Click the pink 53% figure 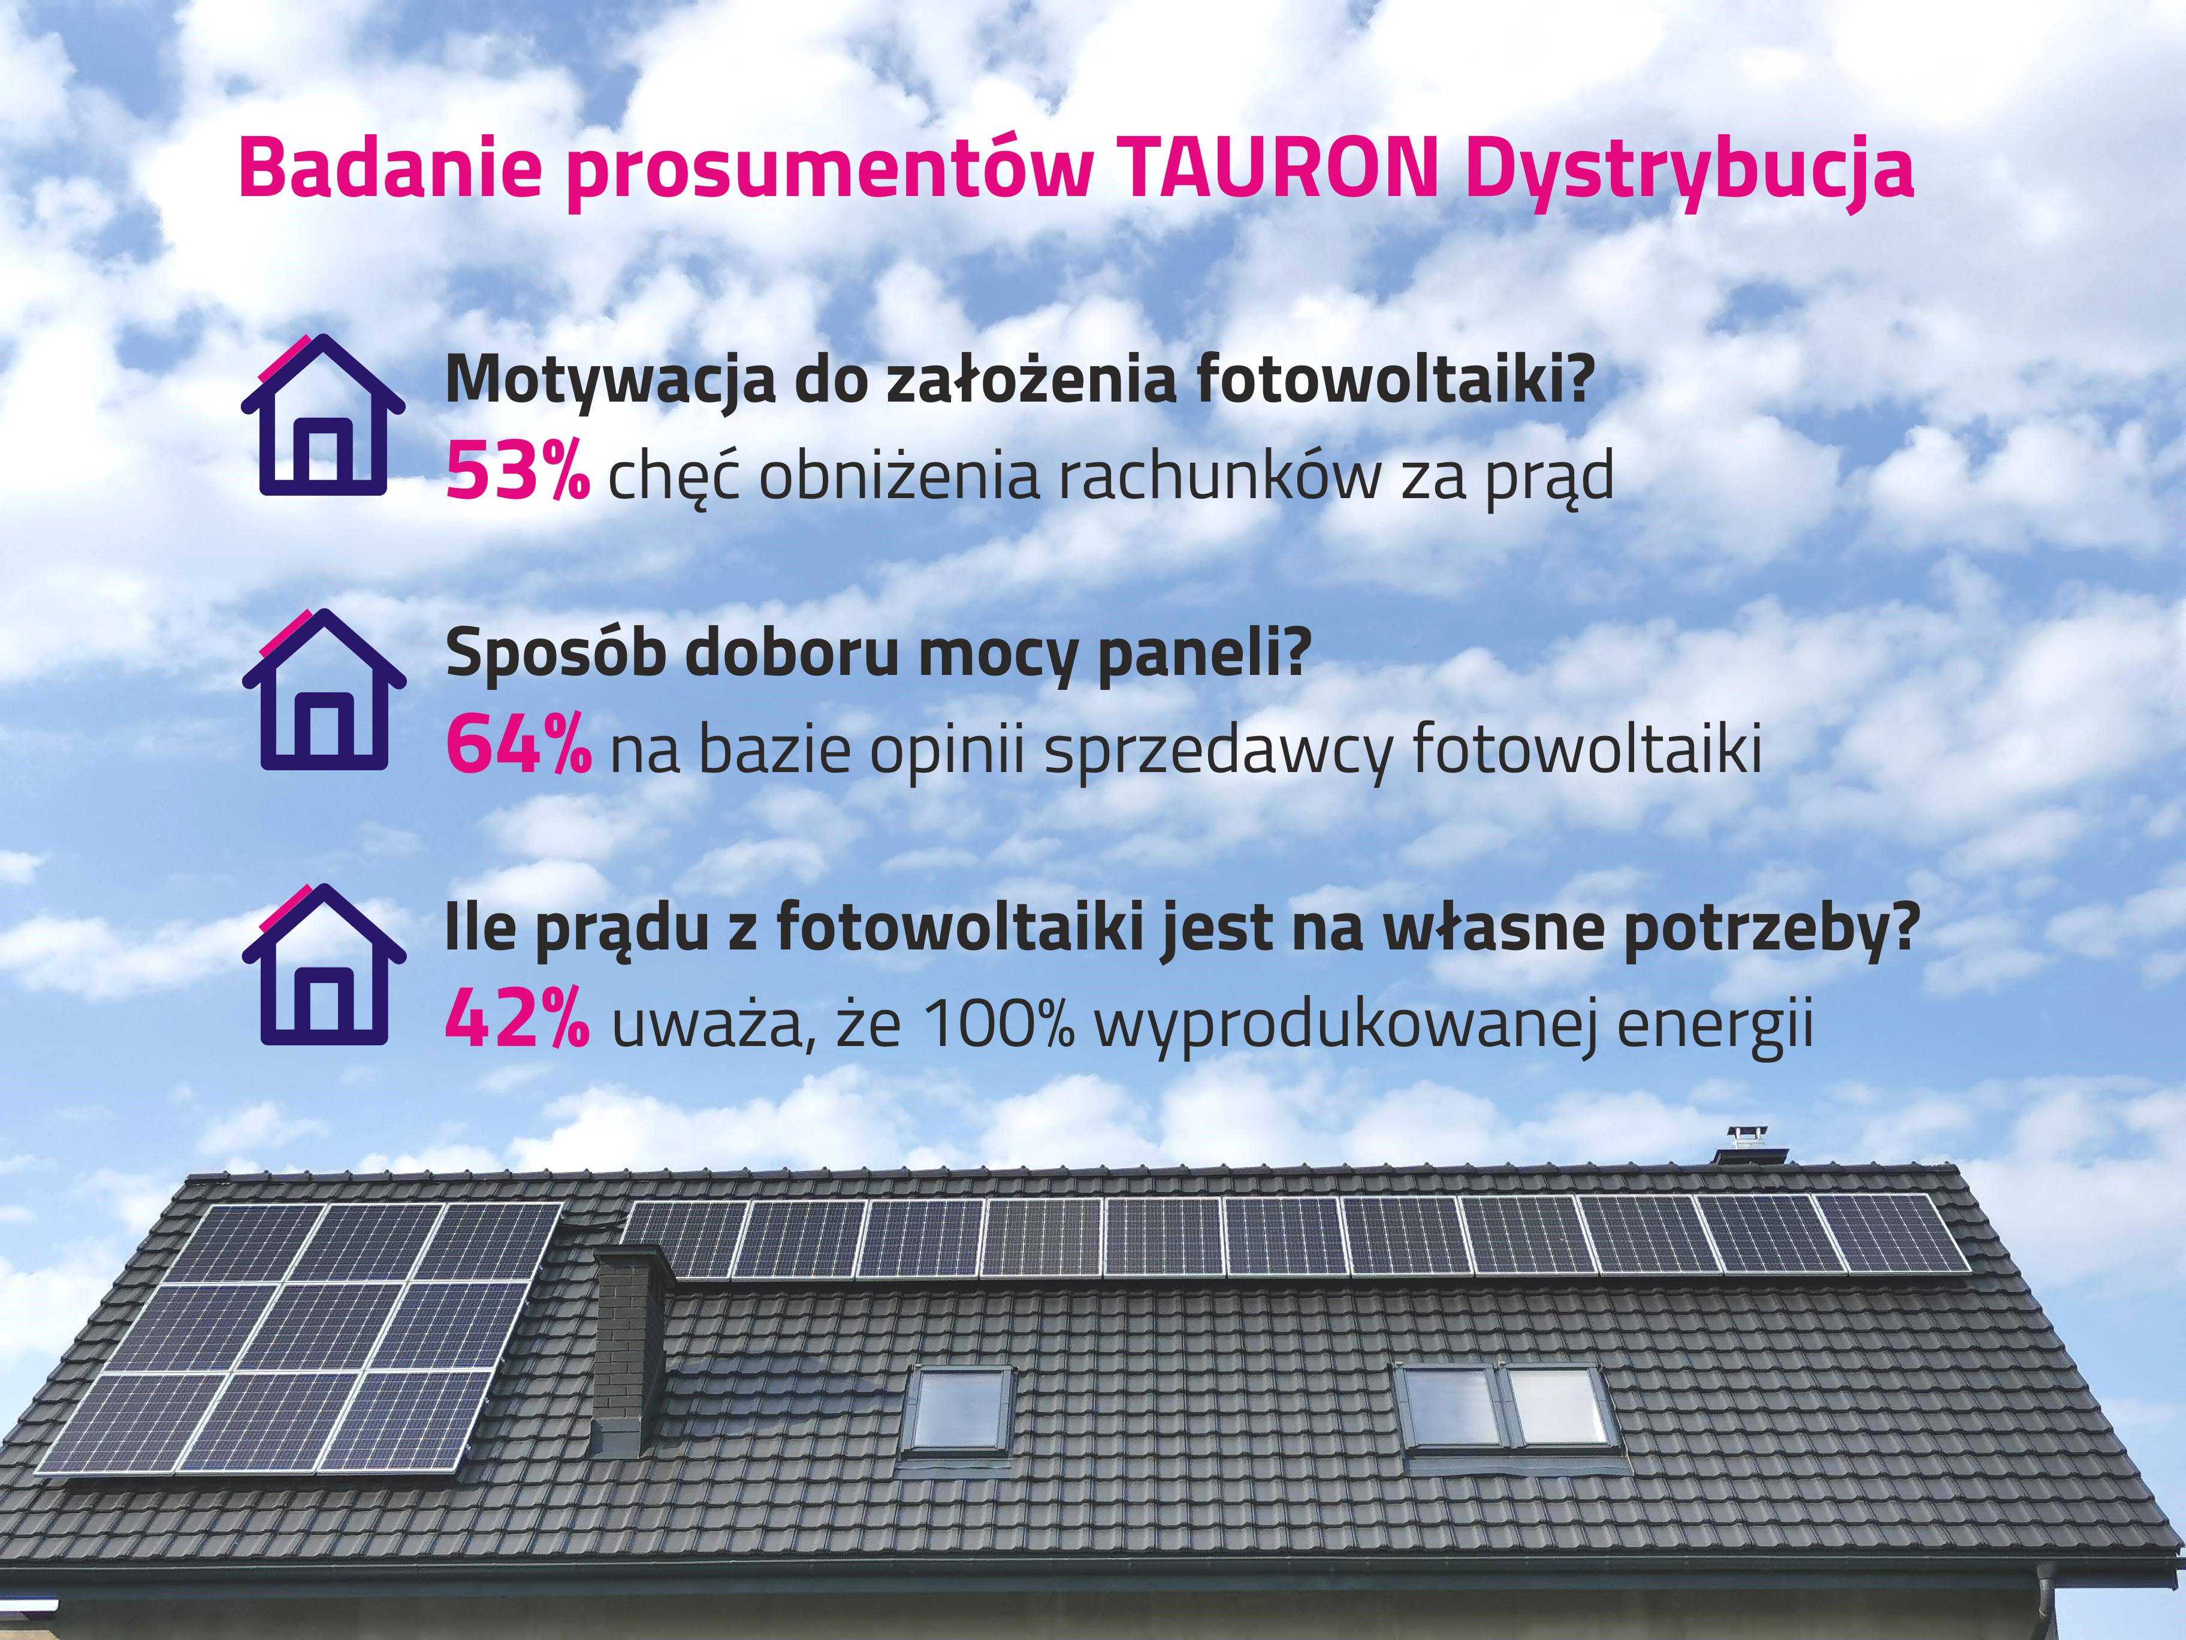[x=518, y=472]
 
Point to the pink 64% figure [x=520, y=746]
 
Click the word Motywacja [x=611, y=382]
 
